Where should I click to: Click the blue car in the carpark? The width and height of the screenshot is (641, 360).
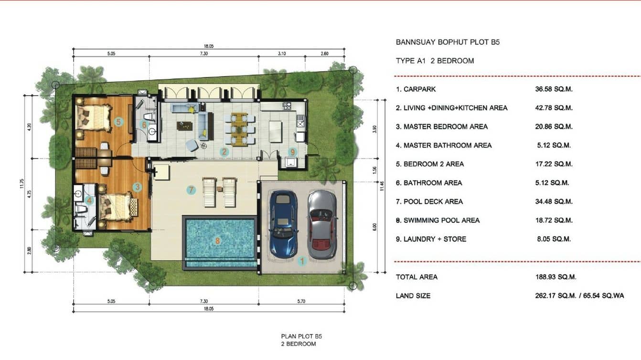[x=283, y=223]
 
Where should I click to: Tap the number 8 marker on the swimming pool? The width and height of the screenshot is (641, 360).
[x=218, y=241]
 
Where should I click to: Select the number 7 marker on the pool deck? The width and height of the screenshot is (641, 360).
[x=191, y=190]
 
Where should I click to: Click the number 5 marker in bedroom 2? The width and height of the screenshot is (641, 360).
[x=118, y=122]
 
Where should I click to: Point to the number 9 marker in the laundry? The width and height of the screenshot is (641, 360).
[x=293, y=152]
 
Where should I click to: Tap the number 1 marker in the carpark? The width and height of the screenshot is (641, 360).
[x=301, y=261]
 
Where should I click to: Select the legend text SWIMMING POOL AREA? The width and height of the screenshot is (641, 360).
[x=441, y=220]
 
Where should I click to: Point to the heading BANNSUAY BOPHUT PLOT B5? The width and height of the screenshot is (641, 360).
[x=448, y=42]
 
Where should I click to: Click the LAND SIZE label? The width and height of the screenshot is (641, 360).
[x=413, y=296]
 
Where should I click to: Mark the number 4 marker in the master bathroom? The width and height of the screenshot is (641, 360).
[x=89, y=201]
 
